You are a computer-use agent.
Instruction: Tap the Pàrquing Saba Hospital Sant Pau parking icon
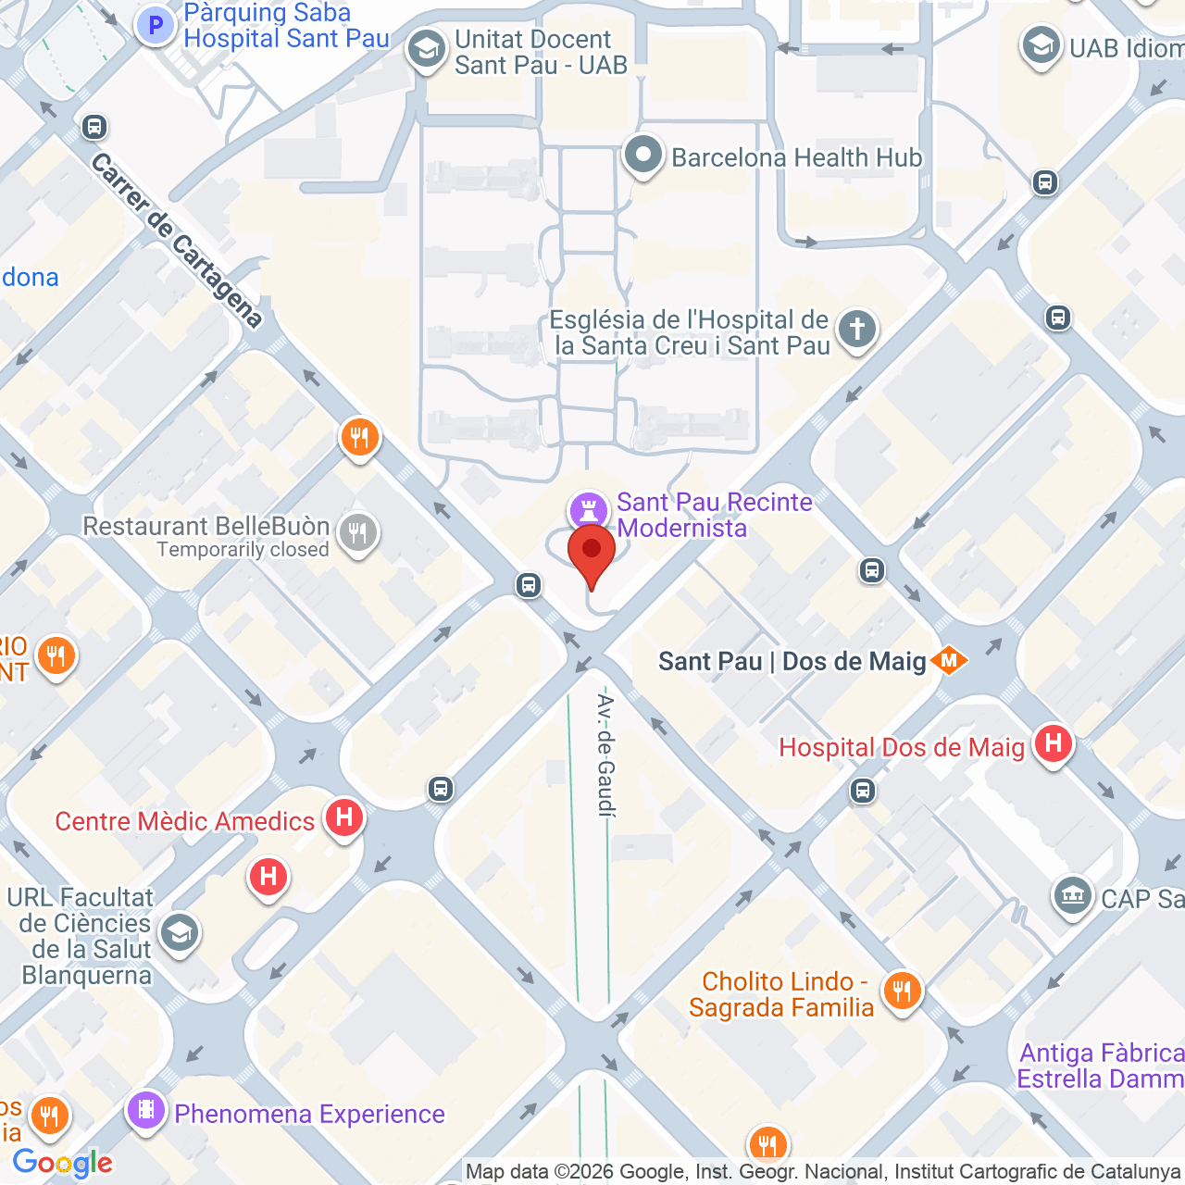pos(156,26)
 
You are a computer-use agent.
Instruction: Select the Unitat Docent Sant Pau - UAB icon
pos(426,50)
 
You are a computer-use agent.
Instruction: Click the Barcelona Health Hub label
pos(796,158)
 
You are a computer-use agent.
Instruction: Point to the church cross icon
pos(856,330)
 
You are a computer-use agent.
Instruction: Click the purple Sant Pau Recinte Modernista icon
pos(588,510)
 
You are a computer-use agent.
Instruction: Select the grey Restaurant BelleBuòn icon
pos(357,533)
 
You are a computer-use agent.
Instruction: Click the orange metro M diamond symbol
pos(949,660)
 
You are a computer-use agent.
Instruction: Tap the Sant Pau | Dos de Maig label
pos(792,661)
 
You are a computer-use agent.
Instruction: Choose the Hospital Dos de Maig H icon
pos(1053,743)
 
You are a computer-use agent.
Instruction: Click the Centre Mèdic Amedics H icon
pos(343,817)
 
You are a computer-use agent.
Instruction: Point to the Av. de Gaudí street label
pos(605,755)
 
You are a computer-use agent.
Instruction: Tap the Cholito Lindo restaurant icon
pos(901,992)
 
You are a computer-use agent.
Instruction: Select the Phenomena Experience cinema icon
pos(146,1109)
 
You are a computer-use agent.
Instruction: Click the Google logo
pos(62,1163)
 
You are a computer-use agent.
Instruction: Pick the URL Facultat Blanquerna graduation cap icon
pos(179,933)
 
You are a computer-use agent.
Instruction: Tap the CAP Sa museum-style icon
pos(1073,895)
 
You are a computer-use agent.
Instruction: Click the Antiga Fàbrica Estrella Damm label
pos(1101,1066)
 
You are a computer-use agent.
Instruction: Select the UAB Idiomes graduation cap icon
pos(1041,46)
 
